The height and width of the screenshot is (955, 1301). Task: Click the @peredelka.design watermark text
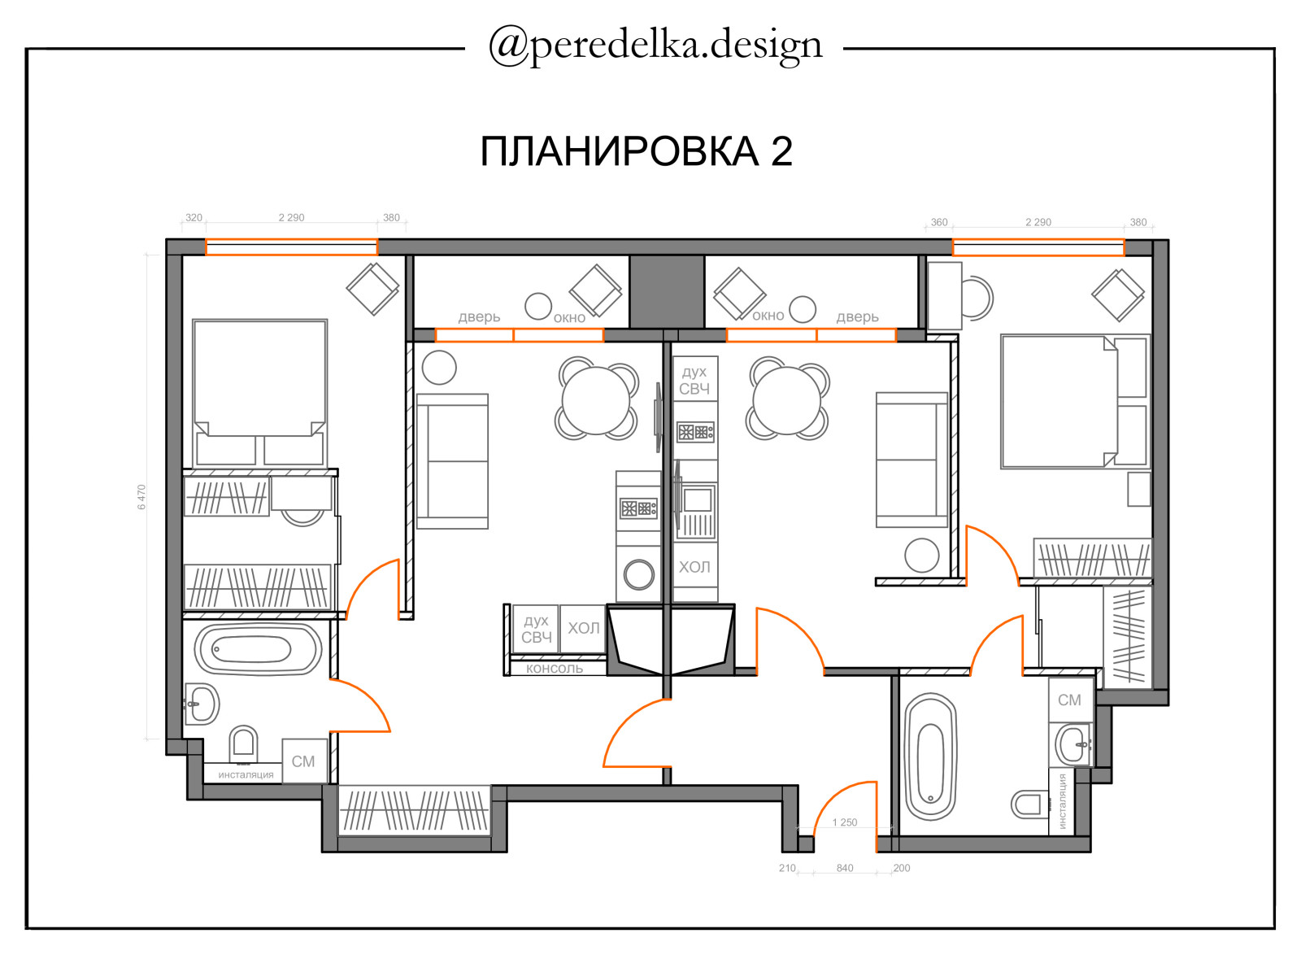(x=655, y=46)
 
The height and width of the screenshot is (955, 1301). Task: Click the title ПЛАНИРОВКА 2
(x=636, y=151)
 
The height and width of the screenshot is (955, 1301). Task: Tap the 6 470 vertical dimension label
(x=141, y=497)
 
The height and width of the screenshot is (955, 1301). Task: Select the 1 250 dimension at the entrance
(x=845, y=822)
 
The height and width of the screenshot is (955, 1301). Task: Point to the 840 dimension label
(x=845, y=868)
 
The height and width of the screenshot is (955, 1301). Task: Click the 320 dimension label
(x=194, y=218)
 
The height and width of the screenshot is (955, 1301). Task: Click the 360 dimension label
(x=939, y=223)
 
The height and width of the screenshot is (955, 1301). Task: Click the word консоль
(x=554, y=669)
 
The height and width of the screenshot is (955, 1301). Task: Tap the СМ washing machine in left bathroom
(x=303, y=761)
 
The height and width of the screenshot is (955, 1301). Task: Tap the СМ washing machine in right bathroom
(x=1070, y=700)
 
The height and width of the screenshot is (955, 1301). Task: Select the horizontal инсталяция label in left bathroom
(x=246, y=774)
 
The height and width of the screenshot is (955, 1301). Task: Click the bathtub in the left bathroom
(x=258, y=649)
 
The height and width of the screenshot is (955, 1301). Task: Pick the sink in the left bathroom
(x=201, y=704)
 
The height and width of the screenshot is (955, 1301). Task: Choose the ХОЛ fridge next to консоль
(x=583, y=628)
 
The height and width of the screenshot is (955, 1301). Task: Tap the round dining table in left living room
(x=596, y=401)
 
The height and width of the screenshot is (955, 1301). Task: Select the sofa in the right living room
(x=912, y=460)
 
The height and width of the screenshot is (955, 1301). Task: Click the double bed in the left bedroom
(x=259, y=392)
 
